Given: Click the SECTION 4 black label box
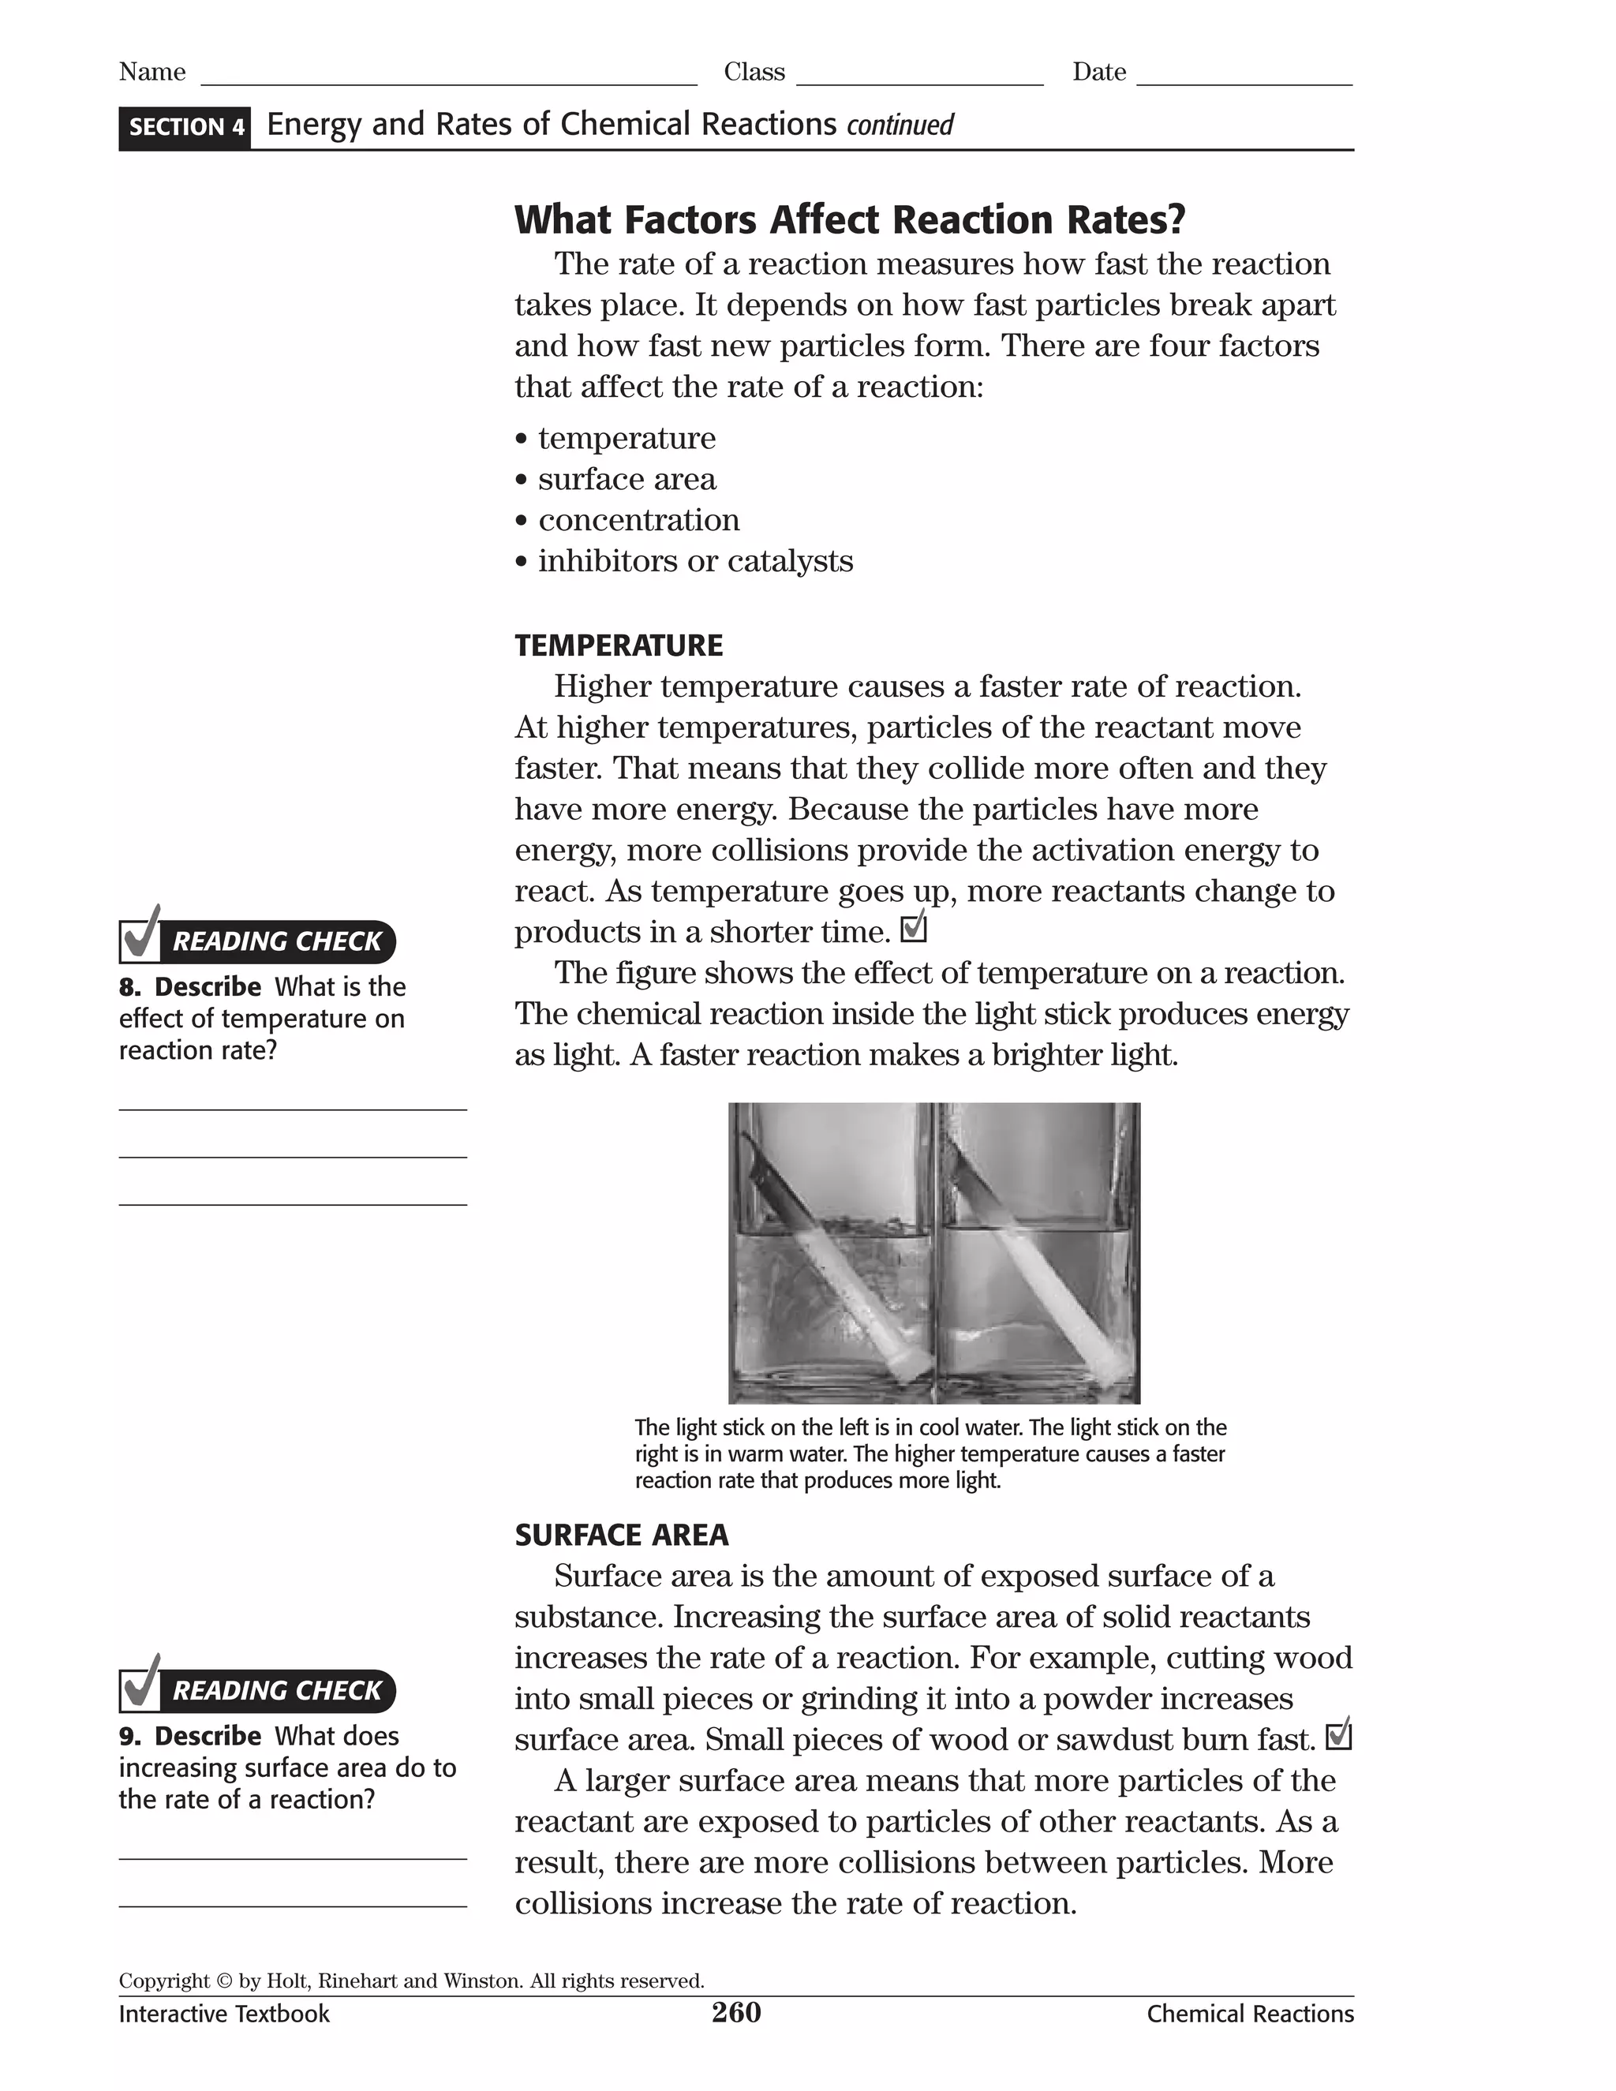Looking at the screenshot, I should pos(185,127).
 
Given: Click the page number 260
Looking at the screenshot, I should pos(735,2013).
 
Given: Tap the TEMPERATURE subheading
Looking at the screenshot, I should pos(619,645).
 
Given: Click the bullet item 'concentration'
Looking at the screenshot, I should pos(638,520).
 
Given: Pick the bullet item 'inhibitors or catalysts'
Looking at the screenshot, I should pos(694,561).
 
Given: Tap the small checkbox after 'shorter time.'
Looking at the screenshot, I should pos(915,927).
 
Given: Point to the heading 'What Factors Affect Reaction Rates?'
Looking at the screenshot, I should pos(849,219).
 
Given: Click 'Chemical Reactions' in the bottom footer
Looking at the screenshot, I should pos(1249,2014).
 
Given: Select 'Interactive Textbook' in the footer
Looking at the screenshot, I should pos(224,2014).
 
